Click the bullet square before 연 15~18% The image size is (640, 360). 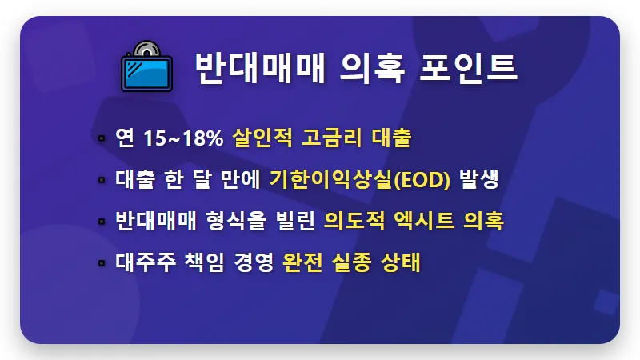pyautogui.click(x=102, y=138)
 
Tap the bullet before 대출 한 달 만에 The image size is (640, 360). pyautogui.click(x=102, y=180)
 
